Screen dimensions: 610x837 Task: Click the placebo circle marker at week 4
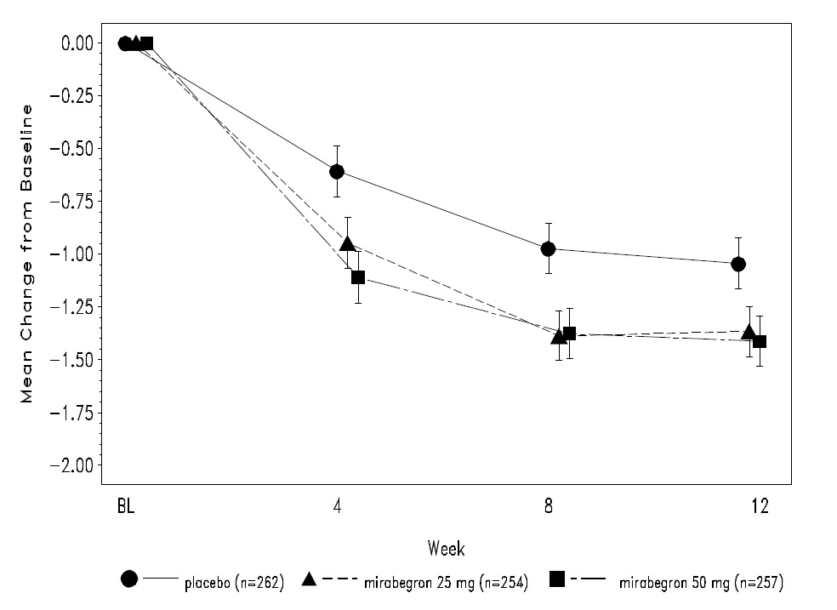(337, 171)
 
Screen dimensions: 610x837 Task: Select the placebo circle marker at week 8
(549, 248)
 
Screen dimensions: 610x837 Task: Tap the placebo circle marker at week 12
(738, 264)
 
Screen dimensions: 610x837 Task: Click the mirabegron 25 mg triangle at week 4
(347, 244)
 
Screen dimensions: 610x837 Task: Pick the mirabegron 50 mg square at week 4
(358, 277)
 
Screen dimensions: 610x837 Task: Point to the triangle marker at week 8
(559, 336)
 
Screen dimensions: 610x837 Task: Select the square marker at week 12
(760, 341)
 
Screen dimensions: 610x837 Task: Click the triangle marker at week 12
(749, 332)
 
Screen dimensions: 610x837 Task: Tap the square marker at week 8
(569, 334)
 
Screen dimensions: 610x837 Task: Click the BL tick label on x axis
(126, 507)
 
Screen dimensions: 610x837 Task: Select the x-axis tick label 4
(338, 507)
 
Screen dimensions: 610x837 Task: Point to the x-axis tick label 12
(760, 507)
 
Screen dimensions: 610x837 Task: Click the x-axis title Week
(446, 546)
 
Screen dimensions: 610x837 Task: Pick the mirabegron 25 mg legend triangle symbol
(310, 579)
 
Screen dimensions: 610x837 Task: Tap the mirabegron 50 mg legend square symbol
(558, 579)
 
